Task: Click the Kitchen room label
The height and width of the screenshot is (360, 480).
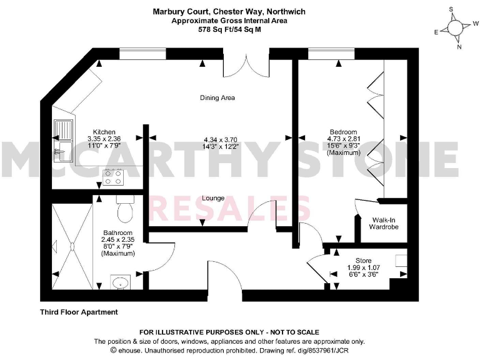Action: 104,132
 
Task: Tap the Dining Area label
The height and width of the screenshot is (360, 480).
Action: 217,98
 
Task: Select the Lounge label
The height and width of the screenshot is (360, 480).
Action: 213,198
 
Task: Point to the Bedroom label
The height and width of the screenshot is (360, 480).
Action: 343,132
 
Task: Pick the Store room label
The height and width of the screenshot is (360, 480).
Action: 363,260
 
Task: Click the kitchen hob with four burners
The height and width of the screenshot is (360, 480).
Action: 113,176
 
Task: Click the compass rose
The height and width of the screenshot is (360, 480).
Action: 455,28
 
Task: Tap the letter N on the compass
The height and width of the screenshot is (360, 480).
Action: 459,47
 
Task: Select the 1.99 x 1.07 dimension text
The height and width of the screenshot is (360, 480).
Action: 364,267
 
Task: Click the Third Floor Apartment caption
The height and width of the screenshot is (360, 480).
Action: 79,312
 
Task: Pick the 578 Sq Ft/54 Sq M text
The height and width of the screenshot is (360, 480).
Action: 225,28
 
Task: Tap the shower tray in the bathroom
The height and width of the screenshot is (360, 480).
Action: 71,244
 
